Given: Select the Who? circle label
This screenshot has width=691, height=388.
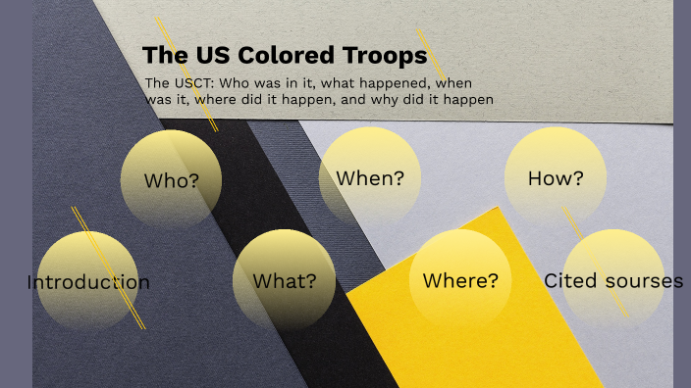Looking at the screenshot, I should [172, 180].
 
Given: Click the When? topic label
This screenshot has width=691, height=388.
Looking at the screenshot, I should [370, 178].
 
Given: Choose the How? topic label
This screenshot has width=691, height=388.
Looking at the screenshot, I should [556, 178].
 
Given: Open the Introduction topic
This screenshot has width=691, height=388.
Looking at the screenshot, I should [88, 283].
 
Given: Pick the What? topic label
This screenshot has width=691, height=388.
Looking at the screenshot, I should [285, 281].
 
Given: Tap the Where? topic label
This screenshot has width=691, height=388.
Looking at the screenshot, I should [460, 281].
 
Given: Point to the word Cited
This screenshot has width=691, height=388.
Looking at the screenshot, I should [569, 281].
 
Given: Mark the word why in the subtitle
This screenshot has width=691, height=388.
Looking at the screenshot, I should [394, 100].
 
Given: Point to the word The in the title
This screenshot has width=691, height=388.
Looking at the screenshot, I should [159, 55].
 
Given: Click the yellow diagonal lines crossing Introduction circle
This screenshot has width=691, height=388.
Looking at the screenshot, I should [108, 267].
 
